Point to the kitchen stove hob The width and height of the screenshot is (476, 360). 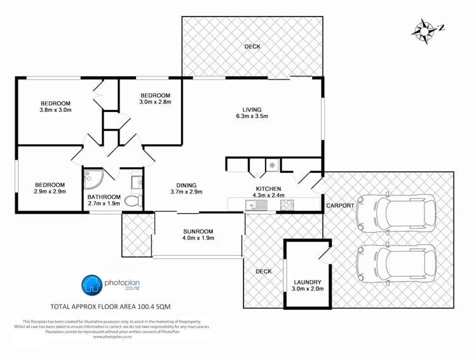click(287, 205)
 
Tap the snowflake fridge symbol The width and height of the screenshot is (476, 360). click(272, 165)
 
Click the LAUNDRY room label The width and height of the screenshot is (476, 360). click(308, 282)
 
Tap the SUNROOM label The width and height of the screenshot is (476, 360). click(198, 232)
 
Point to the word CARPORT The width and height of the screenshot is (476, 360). click(340, 206)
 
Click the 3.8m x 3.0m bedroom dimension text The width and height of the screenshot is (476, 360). click(55, 110)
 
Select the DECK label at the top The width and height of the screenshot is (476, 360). click(252, 46)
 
